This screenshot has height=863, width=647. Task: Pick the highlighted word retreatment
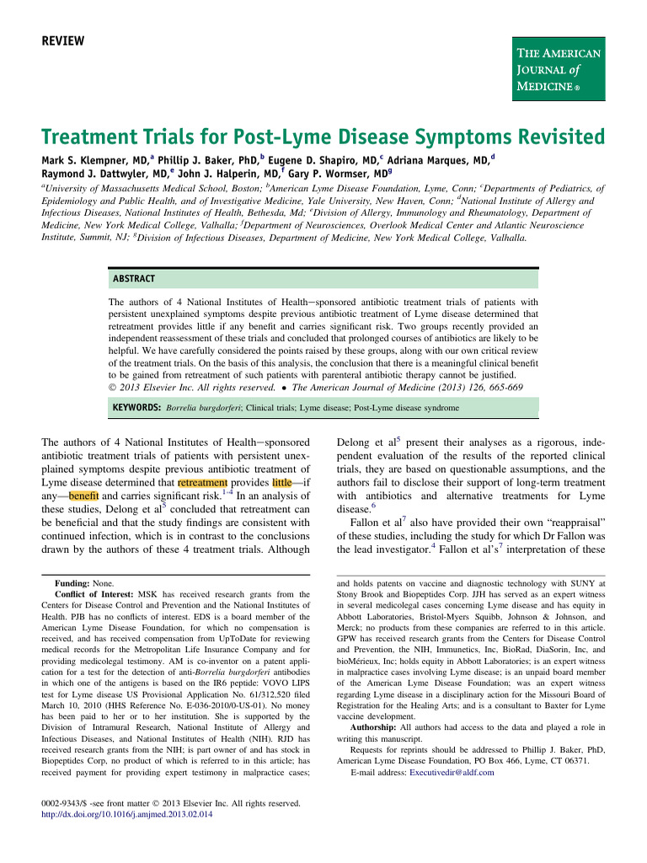[203, 483]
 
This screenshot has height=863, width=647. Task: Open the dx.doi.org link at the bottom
[126, 815]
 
